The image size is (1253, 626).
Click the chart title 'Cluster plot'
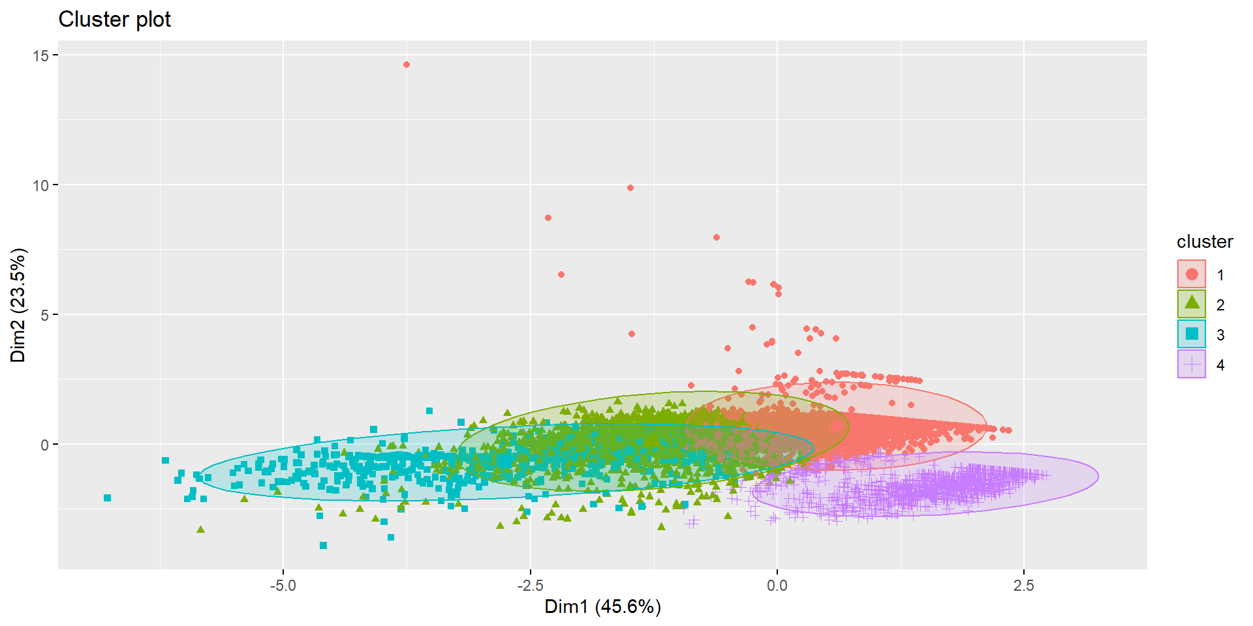click(114, 20)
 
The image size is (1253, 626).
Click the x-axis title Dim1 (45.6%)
click(602, 606)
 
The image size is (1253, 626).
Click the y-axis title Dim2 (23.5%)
click(18, 305)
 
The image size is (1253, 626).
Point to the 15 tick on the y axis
click(40, 55)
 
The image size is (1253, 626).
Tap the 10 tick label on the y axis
click(40, 185)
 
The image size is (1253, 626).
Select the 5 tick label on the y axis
click(44, 315)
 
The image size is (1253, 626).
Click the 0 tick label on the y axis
click(44, 445)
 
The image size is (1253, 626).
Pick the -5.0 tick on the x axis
click(283, 585)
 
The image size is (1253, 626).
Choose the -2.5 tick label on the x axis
click(530, 585)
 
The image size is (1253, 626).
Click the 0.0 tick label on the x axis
click(777, 585)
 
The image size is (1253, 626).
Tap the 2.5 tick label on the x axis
click(1023, 585)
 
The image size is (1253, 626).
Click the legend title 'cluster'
click(1205, 242)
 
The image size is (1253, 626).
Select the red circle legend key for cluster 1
click(1192, 274)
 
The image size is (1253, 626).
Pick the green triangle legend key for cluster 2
click(1192, 303)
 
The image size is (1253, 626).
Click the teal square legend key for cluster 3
click(1192, 334)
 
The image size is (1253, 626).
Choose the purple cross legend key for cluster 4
click(1192, 364)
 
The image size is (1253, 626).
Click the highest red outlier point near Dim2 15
click(407, 65)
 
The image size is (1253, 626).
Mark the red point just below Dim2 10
click(630, 188)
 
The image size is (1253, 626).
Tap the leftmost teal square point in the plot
click(108, 498)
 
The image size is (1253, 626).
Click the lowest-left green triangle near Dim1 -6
click(200, 529)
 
